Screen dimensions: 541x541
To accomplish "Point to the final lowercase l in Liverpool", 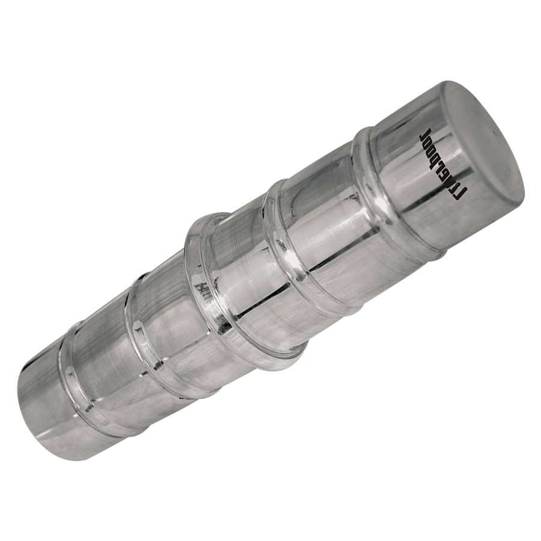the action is click(426, 132).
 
